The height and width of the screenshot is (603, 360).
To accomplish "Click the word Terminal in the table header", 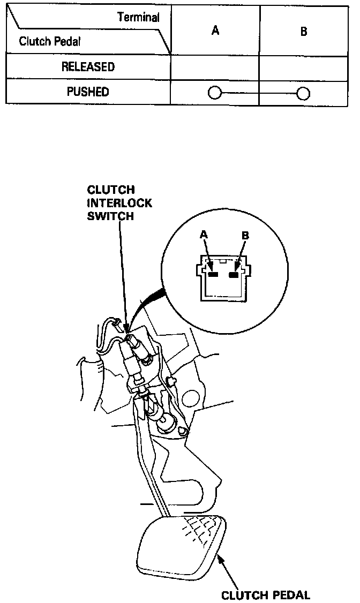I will click(138, 17).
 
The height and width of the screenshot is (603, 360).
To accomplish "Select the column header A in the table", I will click(215, 31).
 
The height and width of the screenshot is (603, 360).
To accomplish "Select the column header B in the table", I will click(304, 32).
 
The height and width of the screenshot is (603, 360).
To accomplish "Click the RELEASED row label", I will click(88, 67).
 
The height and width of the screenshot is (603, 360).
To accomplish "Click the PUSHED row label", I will click(88, 92).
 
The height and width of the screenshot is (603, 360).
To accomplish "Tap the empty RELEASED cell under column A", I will click(215, 67).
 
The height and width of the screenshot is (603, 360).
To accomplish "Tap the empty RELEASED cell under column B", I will click(304, 67).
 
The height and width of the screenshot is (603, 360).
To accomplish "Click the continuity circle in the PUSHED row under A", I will click(214, 94).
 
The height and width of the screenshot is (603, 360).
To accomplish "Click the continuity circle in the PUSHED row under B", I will click(303, 94).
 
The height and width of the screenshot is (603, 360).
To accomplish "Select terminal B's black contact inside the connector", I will click(234, 275).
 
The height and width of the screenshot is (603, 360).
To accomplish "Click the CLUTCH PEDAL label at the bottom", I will click(266, 594).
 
